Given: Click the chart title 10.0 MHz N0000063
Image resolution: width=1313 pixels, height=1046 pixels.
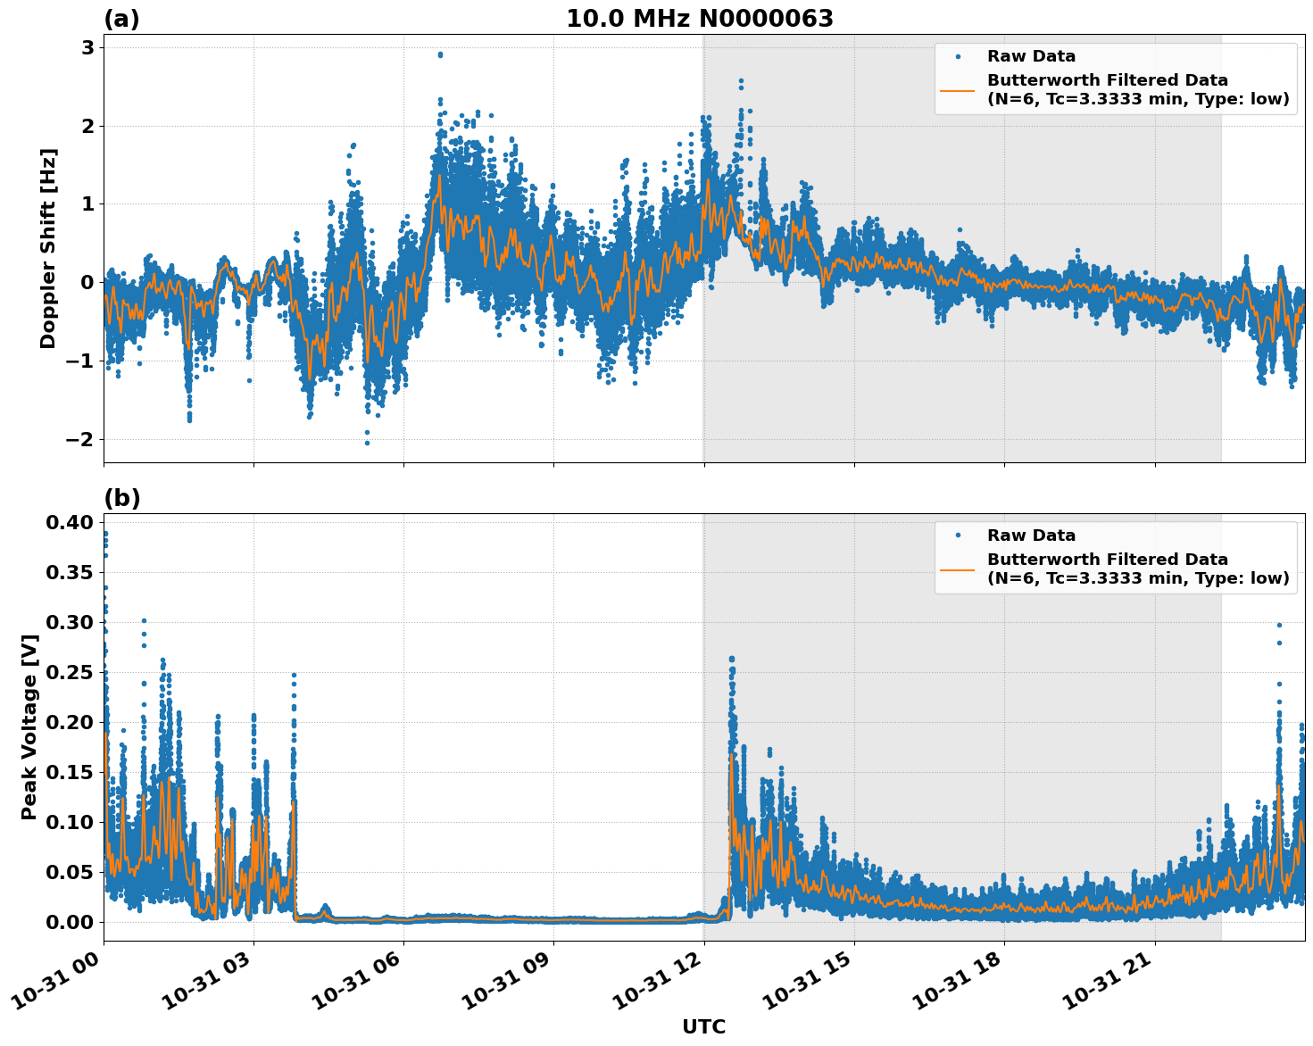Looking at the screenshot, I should (x=699, y=19).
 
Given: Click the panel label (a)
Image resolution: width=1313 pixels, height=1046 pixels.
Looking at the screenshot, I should (x=121, y=19).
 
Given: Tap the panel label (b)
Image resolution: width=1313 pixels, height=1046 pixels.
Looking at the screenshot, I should (x=121, y=498).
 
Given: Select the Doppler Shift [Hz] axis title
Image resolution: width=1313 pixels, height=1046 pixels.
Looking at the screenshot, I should (x=48, y=248).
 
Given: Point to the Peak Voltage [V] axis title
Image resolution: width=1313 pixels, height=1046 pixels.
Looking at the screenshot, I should (x=29, y=726).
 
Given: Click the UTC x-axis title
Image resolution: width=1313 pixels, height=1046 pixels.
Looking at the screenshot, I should (x=703, y=1026).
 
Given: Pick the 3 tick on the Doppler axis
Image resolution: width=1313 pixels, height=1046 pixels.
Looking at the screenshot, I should (x=87, y=47).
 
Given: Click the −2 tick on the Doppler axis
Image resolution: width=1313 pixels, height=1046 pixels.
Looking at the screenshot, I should (x=80, y=439).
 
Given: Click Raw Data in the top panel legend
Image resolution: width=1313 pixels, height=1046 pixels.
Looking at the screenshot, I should (x=1031, y=56).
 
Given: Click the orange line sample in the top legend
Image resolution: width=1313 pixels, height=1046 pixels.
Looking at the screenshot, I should (x=957, y=90).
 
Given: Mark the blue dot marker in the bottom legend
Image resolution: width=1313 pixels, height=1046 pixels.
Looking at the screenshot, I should (x=957, y=535).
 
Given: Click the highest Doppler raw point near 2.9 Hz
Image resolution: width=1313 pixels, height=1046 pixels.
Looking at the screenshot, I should (x=440, y=54).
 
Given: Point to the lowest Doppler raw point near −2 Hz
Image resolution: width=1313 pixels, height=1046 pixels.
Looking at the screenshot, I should (x=367, y=443).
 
